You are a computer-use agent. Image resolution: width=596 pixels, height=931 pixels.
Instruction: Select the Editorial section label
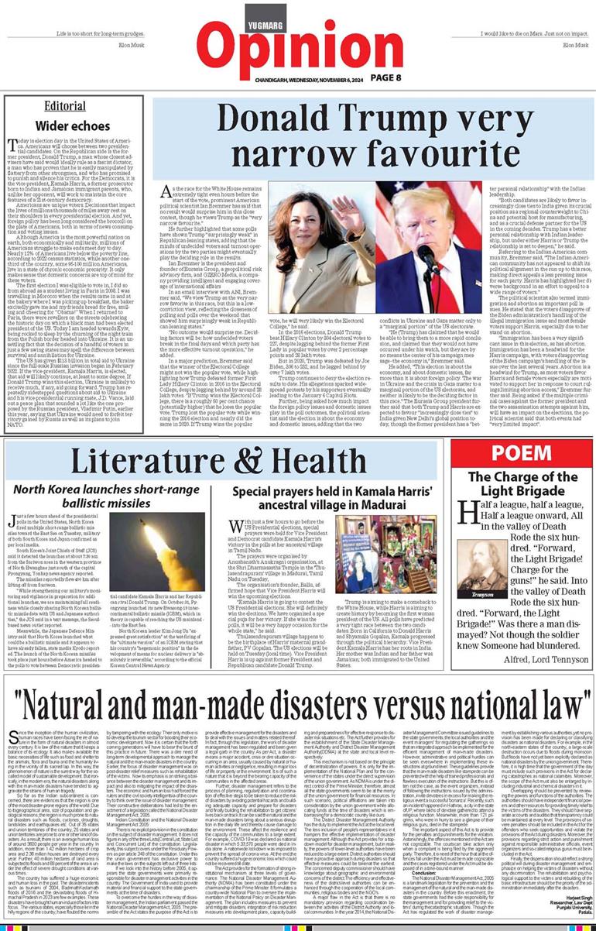point(65,105)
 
